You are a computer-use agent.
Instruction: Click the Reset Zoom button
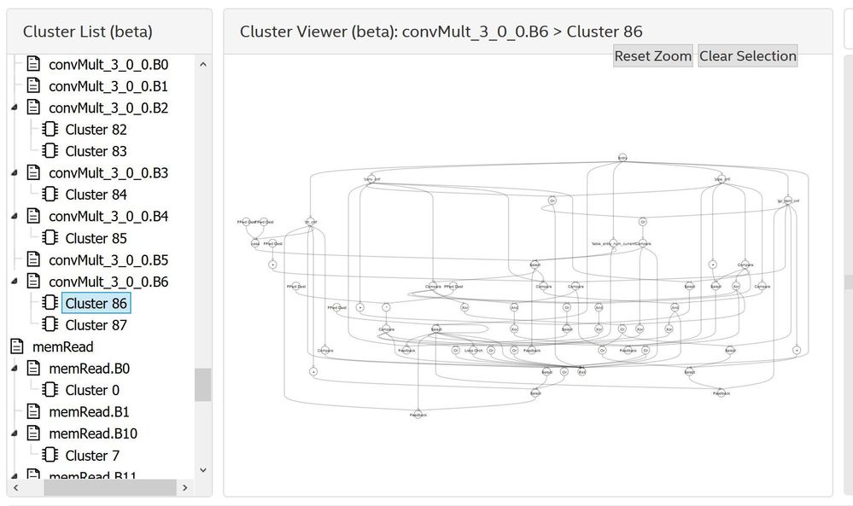click(x=652, y=56)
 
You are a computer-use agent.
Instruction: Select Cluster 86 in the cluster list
click(x=96, y=303)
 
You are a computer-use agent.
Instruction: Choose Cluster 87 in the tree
click(x=96, y=325)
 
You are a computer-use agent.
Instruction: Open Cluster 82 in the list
click(x=96, y=130)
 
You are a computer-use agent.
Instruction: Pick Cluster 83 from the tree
click(x=96, y=151)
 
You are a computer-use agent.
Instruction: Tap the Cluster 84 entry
click(x=96, y=195)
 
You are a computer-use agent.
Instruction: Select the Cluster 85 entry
click(x=96, y=238)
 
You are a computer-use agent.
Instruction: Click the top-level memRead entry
click(x=62, y=346)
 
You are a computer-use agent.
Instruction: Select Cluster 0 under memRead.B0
click(x=92, y=390)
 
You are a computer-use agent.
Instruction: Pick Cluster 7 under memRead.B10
click(x=92, y=456)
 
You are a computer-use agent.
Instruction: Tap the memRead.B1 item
click(x=89, y=412)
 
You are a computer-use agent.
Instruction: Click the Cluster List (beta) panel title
click(x=87, y=32)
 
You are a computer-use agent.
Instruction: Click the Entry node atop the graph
click(x=623, y=158)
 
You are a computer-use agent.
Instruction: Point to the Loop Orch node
click(x=473, y=350)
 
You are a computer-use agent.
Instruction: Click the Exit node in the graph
click(x=581, y=372)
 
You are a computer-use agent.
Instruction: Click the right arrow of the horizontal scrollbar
click(x=184, y=487)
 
